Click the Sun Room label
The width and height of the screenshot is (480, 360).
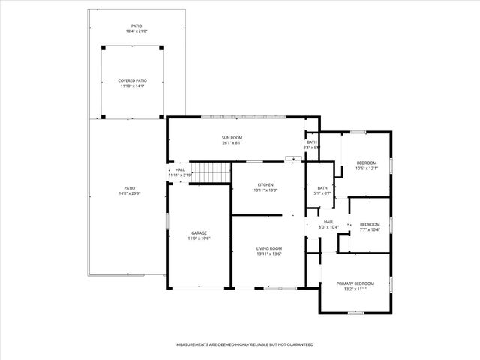[x=232, y=137]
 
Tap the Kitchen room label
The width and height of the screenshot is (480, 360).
[x=265, y=184]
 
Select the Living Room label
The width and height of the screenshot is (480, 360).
[x=269, y=248]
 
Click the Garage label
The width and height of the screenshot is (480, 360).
[x=199, y=232]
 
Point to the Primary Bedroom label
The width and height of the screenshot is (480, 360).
[x=355, y=283]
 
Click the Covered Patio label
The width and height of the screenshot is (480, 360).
[x=132, y=80]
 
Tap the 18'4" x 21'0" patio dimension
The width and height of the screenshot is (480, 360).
[x=136, y=31]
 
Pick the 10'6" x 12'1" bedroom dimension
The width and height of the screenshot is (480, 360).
[x=367, y=168]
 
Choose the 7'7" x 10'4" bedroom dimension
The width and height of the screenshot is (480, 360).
[x=370, y=229]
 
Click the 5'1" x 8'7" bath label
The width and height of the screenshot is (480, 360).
[x=322, y=193]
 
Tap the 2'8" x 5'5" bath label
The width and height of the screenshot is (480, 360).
[x=312, y=148]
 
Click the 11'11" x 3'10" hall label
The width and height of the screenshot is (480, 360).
[x=180, y=175]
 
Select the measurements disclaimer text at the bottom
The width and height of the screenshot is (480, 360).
[x=244, y=344]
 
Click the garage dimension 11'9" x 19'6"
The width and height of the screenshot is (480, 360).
[x=199, y=238]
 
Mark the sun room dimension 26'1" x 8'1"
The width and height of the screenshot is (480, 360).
[x=232, y=143]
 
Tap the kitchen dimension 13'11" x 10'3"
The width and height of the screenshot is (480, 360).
[x=265, y=190]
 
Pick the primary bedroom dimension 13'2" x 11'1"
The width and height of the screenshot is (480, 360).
[x=355, y=289]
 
